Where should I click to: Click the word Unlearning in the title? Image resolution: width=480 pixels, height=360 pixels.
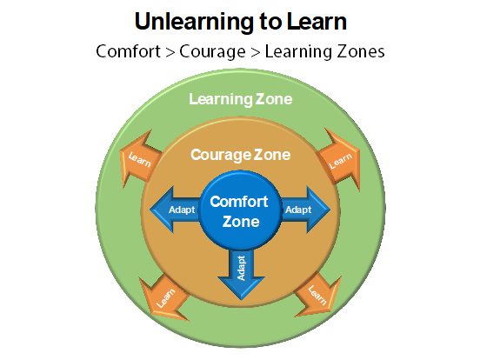coord(194,22)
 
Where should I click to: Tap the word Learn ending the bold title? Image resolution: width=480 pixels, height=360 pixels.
coord(317,22)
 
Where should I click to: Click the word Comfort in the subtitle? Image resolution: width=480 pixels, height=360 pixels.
coord(128,51)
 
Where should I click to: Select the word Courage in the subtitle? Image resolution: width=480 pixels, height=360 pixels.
coord(212,52)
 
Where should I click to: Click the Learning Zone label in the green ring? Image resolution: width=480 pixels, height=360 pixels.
coord(241,99)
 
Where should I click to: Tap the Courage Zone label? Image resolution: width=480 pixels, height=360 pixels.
coord(241,155)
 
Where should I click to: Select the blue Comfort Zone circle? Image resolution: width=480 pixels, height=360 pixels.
coord(240,210)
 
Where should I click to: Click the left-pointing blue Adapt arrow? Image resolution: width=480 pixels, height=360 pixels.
coord(175,210)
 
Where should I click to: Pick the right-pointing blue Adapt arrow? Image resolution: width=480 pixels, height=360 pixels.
coord(305,210)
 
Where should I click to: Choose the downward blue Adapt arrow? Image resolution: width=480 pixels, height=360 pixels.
coord(241,275)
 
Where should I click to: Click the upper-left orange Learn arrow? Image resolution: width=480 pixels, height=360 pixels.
coord(140,158)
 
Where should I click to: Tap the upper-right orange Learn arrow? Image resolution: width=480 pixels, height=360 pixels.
coord(339,160)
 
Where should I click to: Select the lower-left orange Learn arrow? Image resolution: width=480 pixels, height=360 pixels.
coord(164,297)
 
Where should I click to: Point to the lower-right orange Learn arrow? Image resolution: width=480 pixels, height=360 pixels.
coord(317,296)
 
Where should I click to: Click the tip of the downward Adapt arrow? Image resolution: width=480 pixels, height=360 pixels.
coord(241,300)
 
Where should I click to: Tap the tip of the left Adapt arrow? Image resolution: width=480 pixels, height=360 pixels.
coord(150,210)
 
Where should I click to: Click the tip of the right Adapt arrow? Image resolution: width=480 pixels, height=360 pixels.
coord(330,210)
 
